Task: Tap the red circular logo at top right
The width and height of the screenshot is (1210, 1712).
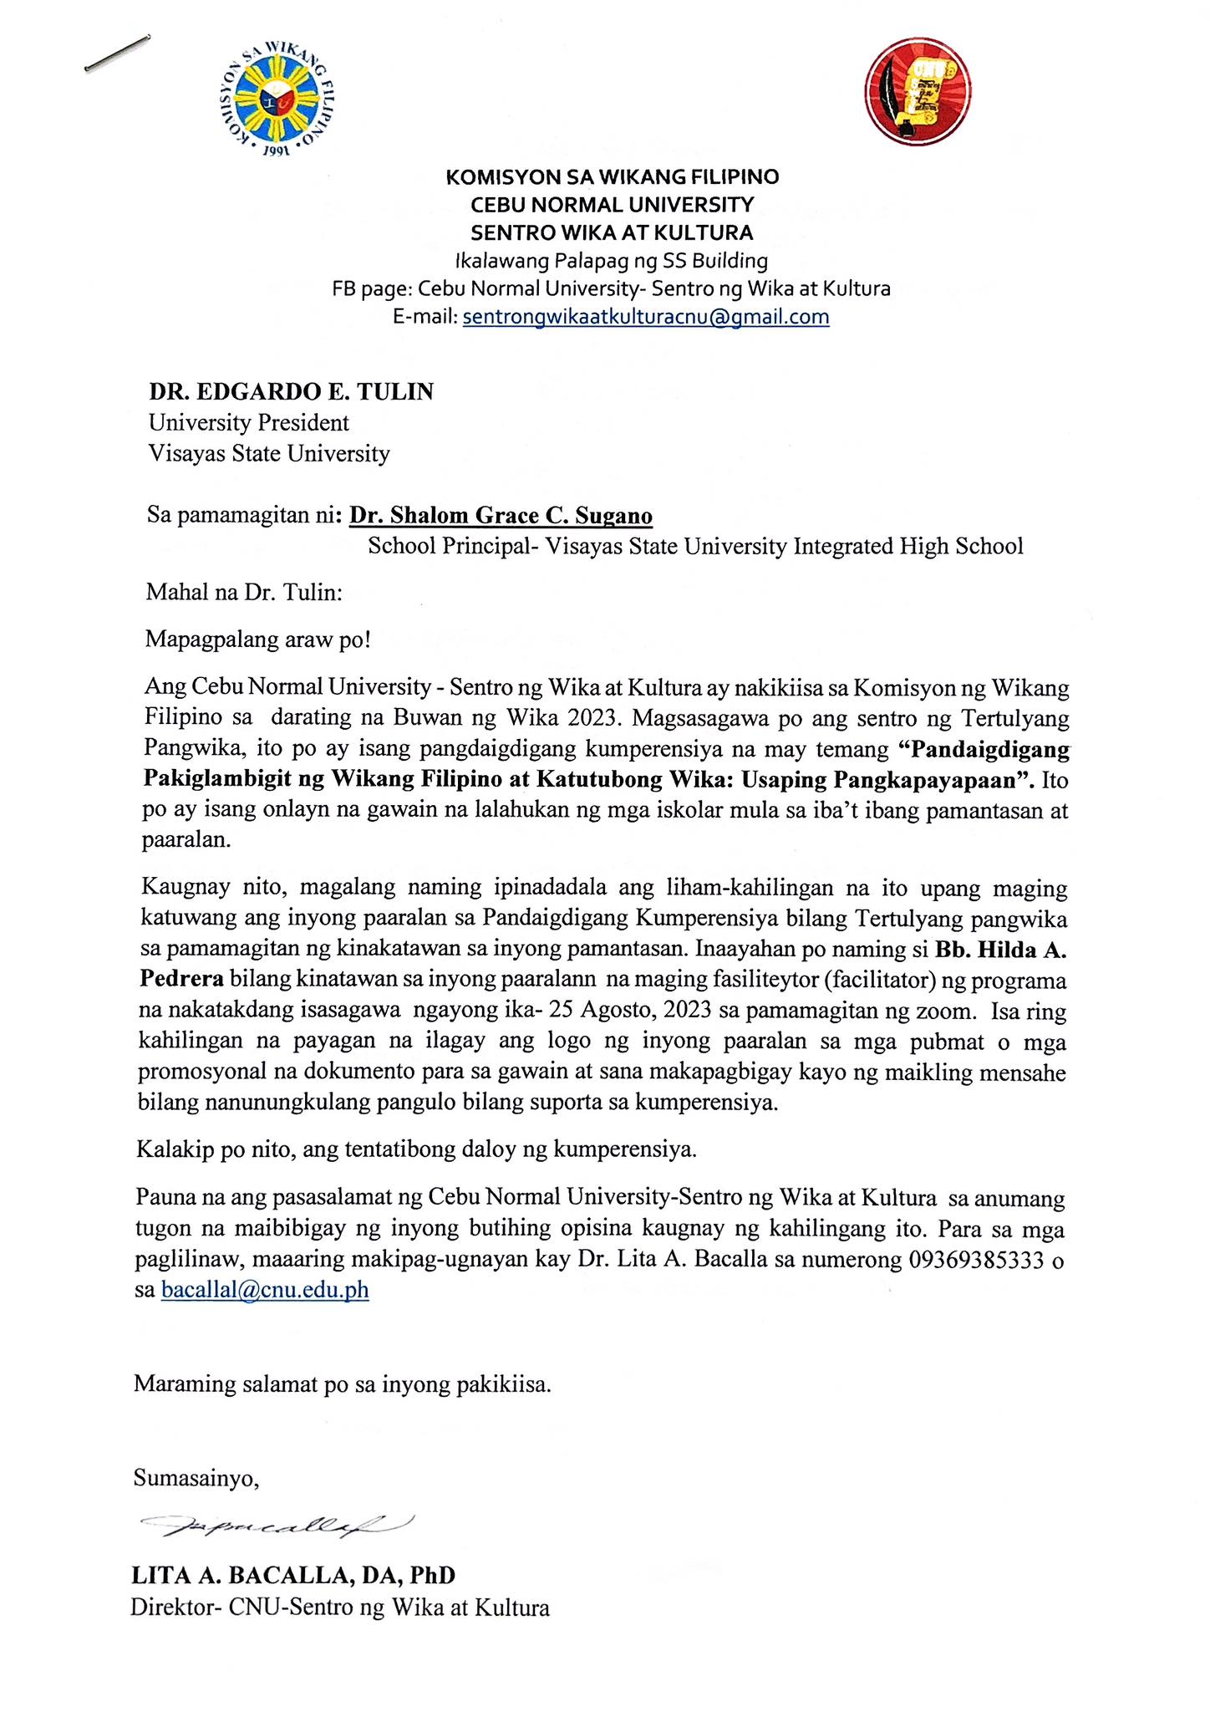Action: click(x=918, y=93)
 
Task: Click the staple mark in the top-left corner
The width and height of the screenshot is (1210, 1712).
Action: click(x=116, y=54)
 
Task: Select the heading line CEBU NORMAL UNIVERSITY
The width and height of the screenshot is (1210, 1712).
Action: click(x=613, y=204)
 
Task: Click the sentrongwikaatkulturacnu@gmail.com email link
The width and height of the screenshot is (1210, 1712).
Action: click(x=645, y=317)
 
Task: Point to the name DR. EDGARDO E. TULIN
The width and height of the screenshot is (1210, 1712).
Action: click(x=291, y=391)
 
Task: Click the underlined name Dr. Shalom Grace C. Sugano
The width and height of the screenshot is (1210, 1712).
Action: click(x=501, y=515)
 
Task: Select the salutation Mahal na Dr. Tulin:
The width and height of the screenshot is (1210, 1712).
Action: click(x=244, y=593)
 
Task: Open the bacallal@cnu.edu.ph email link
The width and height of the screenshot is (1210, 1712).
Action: click(x=264, y=1290)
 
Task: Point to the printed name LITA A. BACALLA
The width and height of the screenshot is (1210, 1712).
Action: click(x=252, y=1575)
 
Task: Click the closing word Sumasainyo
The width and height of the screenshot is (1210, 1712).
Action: click(x=196, y=1478)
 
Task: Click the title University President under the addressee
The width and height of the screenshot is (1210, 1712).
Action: click(x=248, y=422)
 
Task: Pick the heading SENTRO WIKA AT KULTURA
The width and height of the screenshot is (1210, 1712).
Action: click(x=613, y=232)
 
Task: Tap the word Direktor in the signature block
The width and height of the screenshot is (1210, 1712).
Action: click(x=170, y=1608)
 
